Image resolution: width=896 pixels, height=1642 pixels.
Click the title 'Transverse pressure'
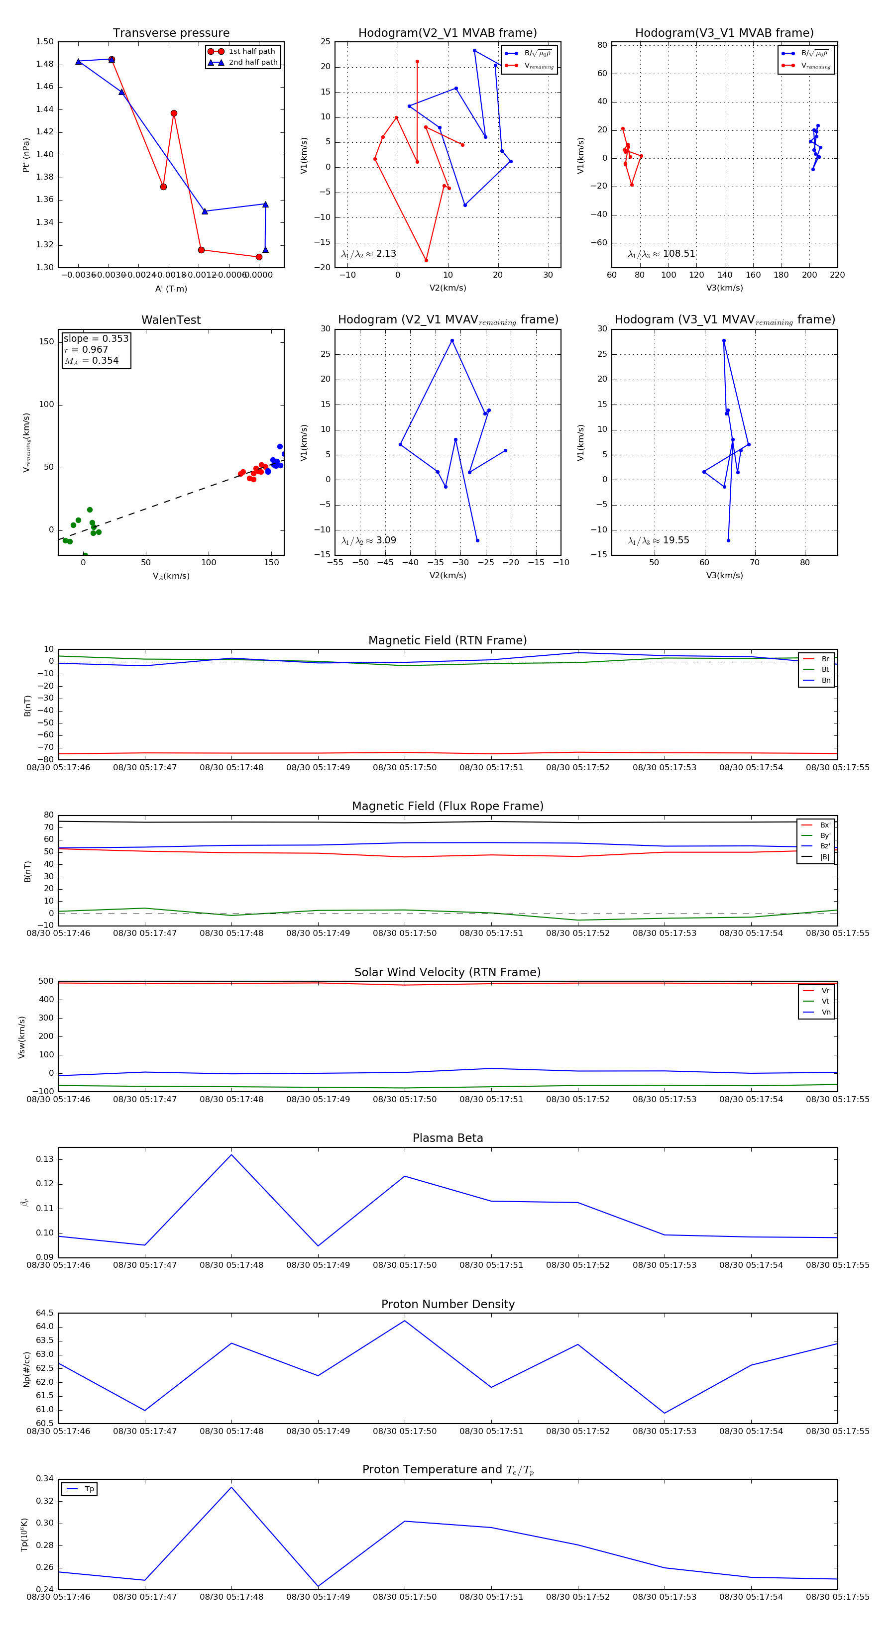point(171,33)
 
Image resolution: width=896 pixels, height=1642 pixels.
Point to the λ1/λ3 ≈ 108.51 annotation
point(662,254)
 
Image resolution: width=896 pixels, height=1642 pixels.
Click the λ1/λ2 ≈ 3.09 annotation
point(368,540)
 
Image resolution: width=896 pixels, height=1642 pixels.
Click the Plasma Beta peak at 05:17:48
point(231,1154)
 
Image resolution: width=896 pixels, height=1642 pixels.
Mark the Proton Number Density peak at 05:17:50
point(404,1320)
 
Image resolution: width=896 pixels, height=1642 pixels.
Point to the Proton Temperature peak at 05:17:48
point(231,1487)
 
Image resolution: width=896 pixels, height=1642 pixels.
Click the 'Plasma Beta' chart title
point(448,1138)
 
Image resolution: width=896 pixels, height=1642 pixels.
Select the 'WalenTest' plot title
point(171,320)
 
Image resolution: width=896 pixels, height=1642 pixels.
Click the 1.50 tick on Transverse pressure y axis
point(45,42)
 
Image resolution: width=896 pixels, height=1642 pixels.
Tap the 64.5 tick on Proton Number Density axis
point(45,1313)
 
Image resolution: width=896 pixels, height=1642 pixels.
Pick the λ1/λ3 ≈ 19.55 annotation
point(658,540)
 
